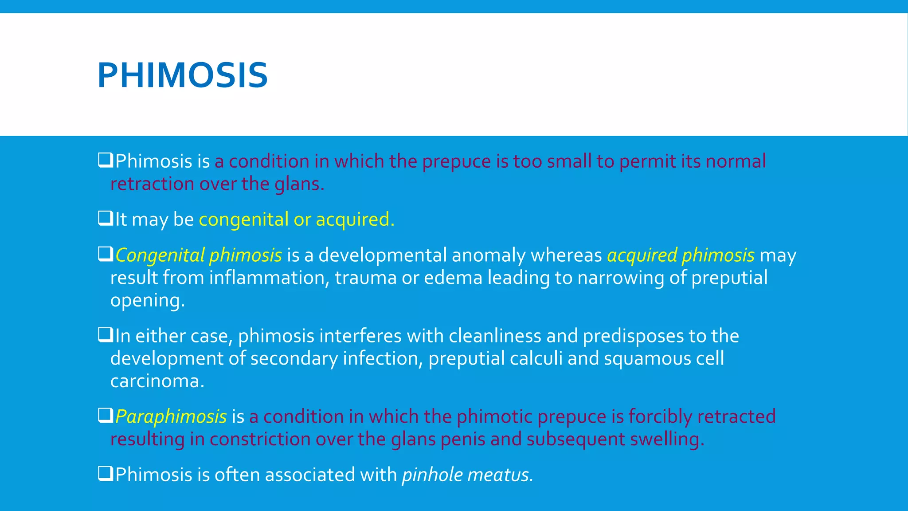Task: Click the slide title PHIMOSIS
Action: click(182, 75)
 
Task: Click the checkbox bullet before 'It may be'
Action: click(106, 218)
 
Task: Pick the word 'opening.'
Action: click(147, 301)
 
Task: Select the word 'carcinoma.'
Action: click(157, 381)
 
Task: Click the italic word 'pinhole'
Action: click(432, 475)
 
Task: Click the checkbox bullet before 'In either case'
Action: click(106, 335)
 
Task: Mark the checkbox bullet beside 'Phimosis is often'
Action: click(106, 474)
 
